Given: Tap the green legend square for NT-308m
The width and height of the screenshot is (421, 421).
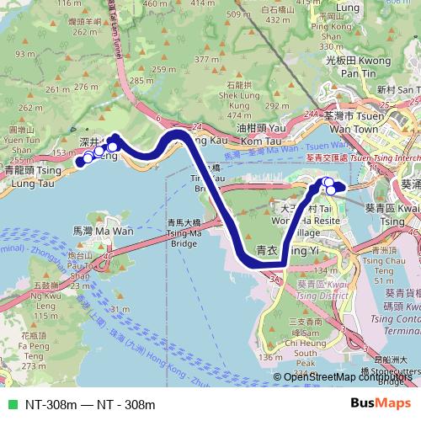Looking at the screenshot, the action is tap(11, 405).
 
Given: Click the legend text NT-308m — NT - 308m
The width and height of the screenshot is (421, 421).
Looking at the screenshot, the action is tap(84, 405).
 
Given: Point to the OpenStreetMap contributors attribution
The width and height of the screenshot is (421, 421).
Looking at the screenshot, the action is tap(349, 377).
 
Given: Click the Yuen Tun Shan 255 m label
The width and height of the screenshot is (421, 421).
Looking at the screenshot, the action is tap(20, 141).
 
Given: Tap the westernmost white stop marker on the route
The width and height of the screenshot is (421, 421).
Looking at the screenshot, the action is tap(83, 161).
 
